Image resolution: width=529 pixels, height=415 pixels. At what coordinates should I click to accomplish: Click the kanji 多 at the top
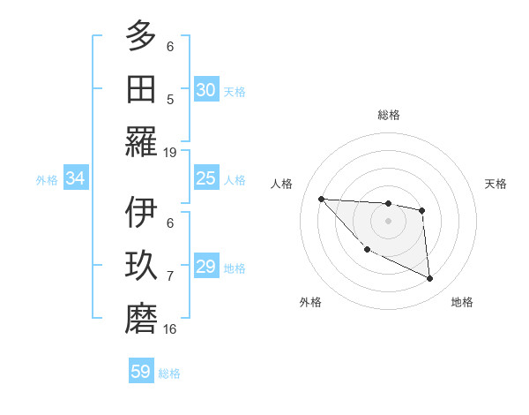click(x=141, y=36)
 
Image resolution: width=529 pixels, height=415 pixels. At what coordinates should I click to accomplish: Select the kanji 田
click(x=141, y=88)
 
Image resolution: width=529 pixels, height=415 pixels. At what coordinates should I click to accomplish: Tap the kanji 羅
click(x=141, y=141)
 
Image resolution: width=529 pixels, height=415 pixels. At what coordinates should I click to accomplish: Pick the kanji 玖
click(x=141, y=266)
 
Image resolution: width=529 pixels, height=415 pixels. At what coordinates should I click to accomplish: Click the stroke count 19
click(x=170, y=152)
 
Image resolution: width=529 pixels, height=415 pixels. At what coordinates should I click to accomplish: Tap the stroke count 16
click(x=170, y=328)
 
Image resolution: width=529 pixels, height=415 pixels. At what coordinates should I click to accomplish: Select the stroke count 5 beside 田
click(x=170, y=99)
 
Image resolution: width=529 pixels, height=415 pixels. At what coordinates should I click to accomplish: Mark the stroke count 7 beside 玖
click(x=170, y=276)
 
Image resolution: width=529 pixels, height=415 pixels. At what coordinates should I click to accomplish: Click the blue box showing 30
click(x=205, y=90)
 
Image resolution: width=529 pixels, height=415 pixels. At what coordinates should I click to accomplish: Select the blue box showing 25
click(x=205, y=179)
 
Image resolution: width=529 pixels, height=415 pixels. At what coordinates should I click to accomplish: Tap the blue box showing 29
click(x=205, y=268)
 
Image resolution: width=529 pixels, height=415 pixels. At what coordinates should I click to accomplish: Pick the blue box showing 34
click(x=75, y=179)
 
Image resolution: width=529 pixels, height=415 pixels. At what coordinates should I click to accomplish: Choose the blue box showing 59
click(x=140, y=372)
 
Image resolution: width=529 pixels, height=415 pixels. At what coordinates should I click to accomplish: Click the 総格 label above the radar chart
click(x=388, y=115)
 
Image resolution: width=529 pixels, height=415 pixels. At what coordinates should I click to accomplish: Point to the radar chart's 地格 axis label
click(x=462, y=302)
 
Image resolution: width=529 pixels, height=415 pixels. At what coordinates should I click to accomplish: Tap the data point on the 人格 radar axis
click(x=321, y=199)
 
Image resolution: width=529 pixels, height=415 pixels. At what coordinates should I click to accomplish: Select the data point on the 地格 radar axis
click(x=429, y=278)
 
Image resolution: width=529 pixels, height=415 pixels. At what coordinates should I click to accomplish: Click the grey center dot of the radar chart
click(x=388, y=221)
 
